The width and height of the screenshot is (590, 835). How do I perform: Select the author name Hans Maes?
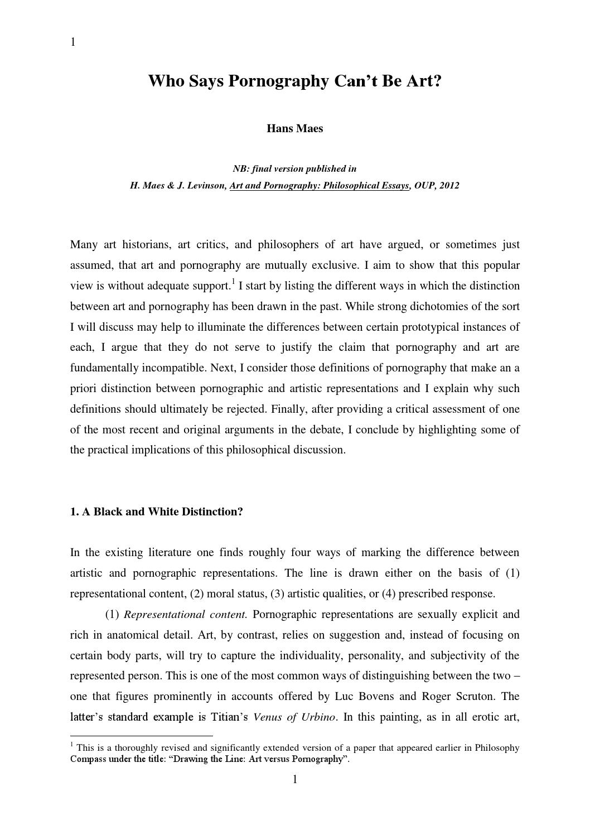click(x=294, y=129)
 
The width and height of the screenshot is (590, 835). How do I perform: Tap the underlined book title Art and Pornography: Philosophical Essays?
click(x=320, y=186)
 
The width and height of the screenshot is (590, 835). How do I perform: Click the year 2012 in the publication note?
click(x=449, y=186)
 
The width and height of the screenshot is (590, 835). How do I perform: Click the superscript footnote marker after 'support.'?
click(x=233, y=281)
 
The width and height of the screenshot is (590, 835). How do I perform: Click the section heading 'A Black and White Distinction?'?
click(x=162, y=511)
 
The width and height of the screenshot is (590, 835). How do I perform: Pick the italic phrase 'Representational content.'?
click(x=185, y=614)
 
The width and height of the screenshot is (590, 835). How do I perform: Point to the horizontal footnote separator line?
click(x=142, y=736)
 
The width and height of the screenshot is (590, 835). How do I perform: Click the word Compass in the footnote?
click(x=88, y=759)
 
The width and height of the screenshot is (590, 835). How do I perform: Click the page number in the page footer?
click(x=294, y=780)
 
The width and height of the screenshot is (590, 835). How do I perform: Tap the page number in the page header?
click(x=73, y=42)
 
